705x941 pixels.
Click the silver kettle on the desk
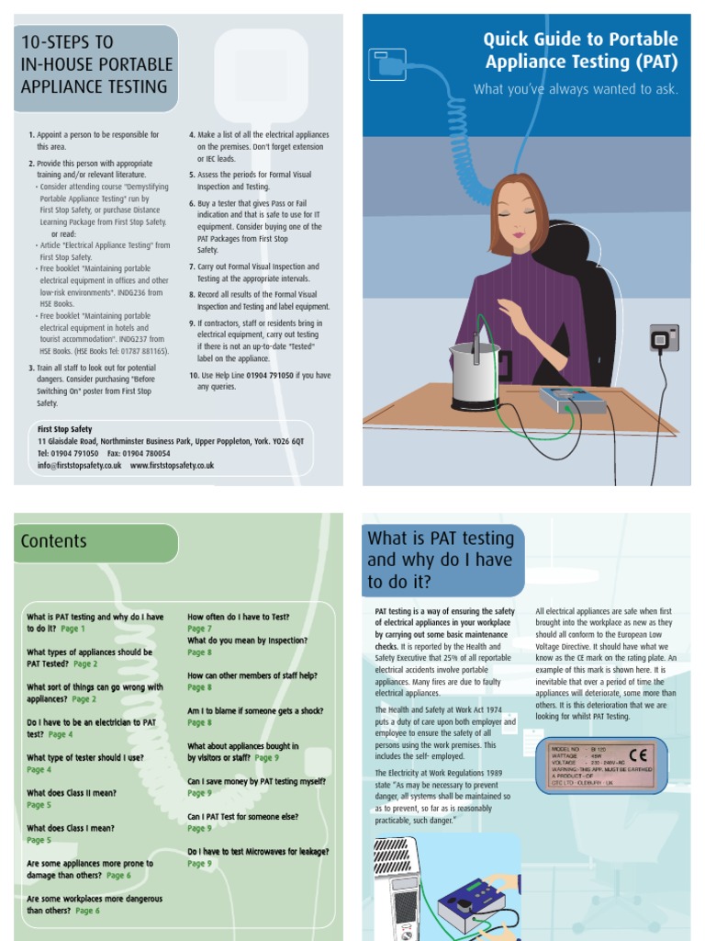pyautogui.click(x=475, y=375)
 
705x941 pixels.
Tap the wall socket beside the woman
pyautogui.click(x=663, y=338)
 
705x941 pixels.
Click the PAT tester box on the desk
pyautogui.click(x=573, y=400)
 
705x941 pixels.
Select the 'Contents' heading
pyautogui.click(x=54, y=541)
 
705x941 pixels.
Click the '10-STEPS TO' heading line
pyautogui.click(x=67, y=42)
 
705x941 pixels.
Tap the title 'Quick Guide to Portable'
pyautogui.click(x=580, y=40)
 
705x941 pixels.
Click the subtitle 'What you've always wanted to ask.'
pyautogui.click(x=576, y=89)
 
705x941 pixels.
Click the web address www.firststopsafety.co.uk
pyautogui.click(x=173, y=466)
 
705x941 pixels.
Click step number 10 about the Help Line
pyautogui.click(x=260, y=380)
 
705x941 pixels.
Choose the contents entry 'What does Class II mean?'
pyautogui.click(x=72, y=793)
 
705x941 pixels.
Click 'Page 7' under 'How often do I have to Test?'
pyautogui.click(x=199, y=629)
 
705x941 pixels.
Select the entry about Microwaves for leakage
pyautogui.click(x=258, y=851)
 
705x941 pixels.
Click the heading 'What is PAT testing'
pyautogui.click(x=441, y=539)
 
